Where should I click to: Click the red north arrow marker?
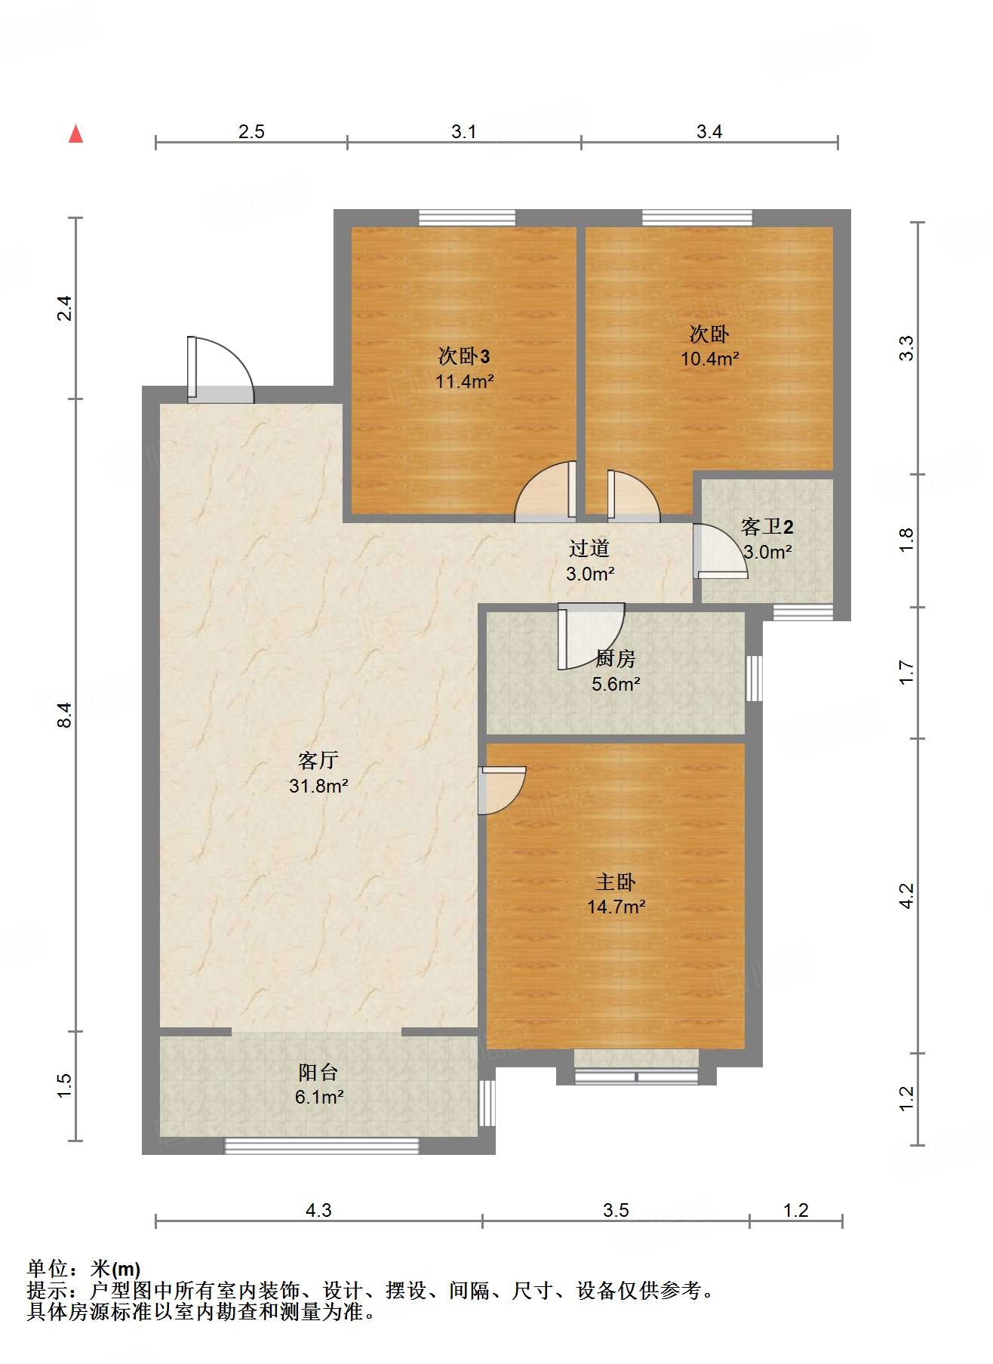click(75, 134)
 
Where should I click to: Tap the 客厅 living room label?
click(318, 760)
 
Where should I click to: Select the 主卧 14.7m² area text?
click(616, 907)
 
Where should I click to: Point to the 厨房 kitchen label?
click(615, 658)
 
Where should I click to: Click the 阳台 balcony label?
click(318, 1072)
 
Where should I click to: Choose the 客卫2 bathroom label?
click(767, 526)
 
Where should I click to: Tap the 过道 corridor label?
click(589, 548)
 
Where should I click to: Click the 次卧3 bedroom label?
click(464, 356)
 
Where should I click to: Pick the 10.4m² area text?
click(709, 359)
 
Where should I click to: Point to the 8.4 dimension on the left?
click(66, 715)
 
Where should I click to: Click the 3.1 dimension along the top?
click(464, 131)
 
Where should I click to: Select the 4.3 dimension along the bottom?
click(318, 1210)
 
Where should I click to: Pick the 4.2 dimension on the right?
click(906, 896)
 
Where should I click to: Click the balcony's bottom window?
click(321, 1146)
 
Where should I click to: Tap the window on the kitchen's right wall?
click(754, 678)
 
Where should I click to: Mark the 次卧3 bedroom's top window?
click(467, 218)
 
